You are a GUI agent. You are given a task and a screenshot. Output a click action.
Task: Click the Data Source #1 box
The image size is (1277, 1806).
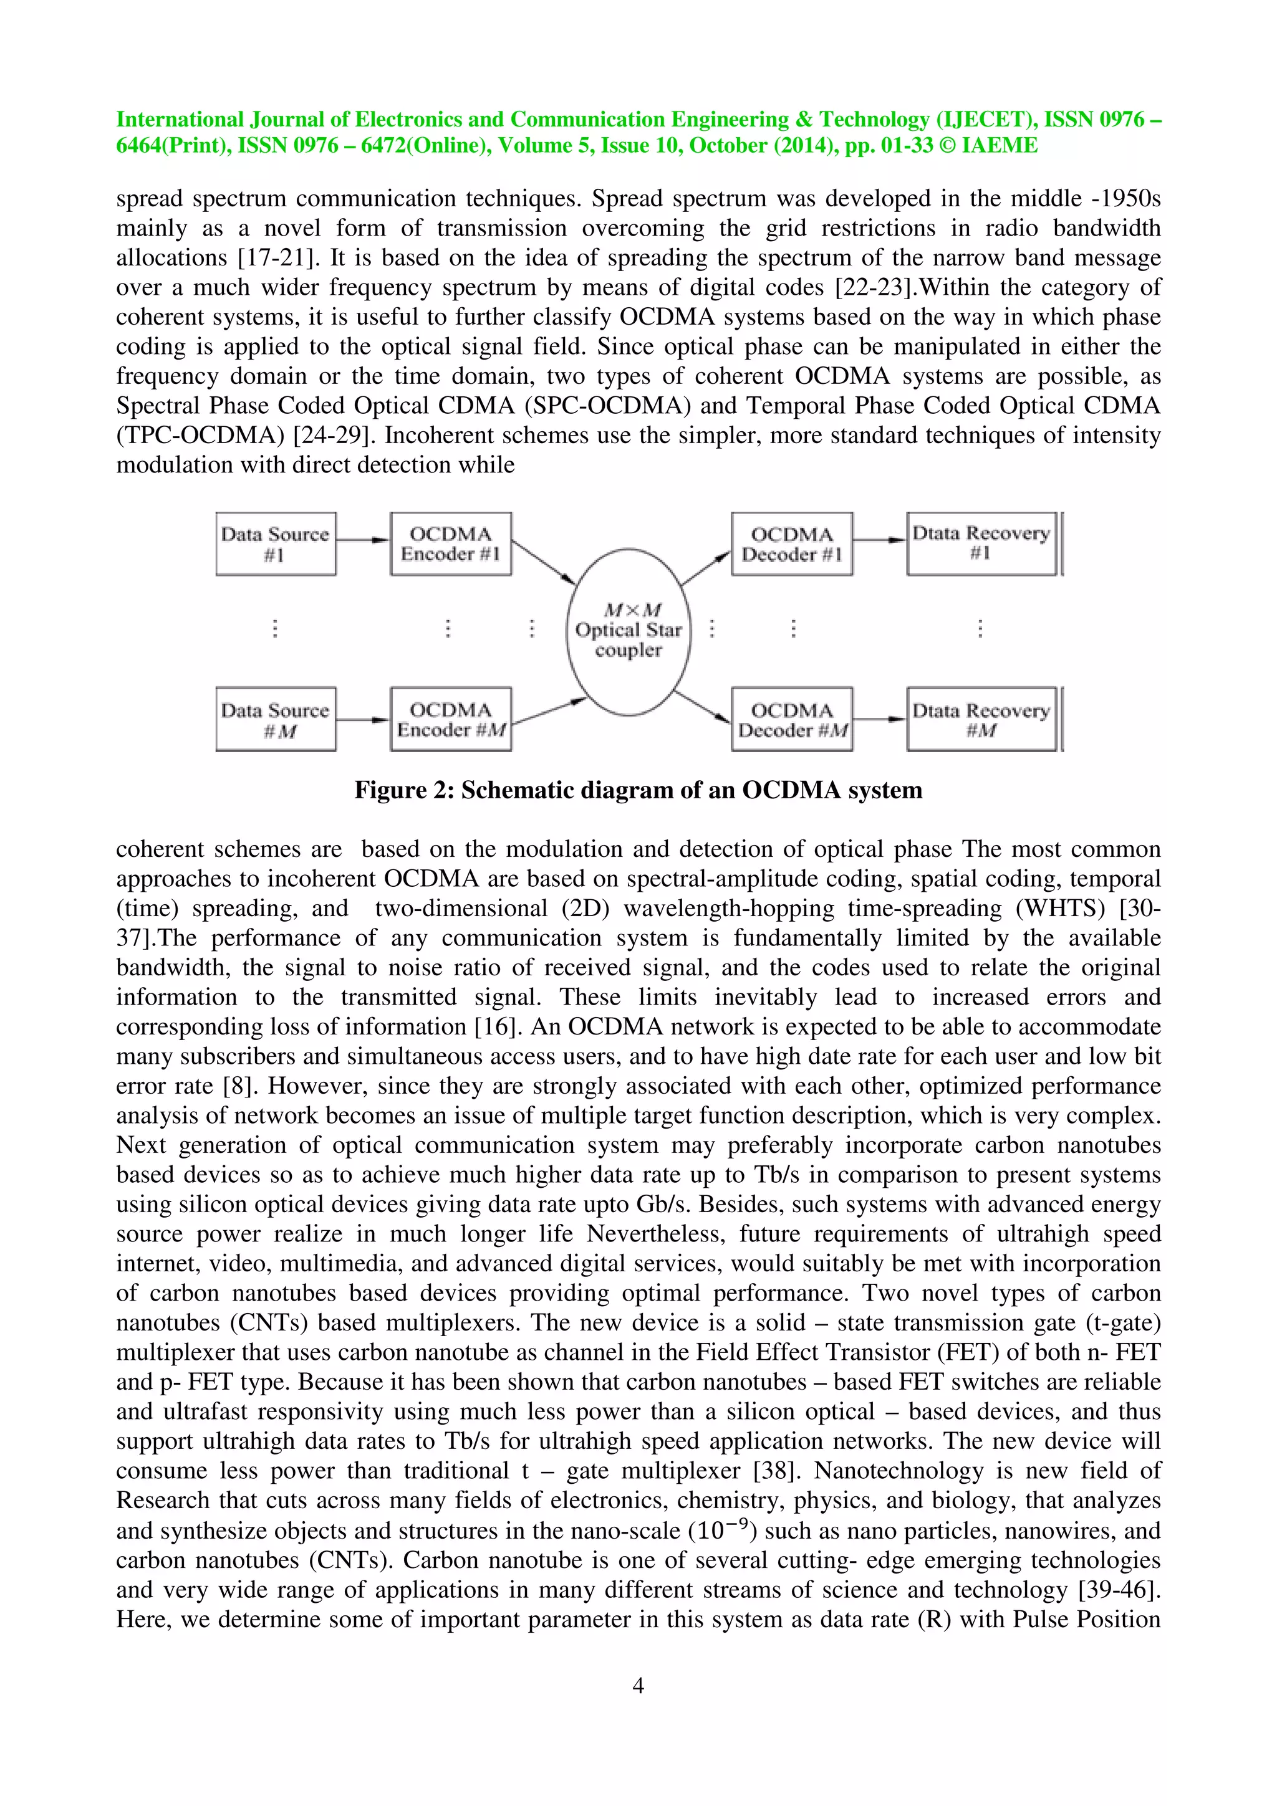[276, 544]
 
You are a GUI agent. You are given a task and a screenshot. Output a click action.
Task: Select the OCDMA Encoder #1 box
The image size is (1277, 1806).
[450, 544]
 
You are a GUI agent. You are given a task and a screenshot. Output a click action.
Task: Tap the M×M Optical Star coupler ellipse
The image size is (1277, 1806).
[628, 631]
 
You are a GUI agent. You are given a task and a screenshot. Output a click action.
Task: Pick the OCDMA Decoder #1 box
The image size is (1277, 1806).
[791, 544]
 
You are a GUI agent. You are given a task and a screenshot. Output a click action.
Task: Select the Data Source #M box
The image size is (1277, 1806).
[276, 720]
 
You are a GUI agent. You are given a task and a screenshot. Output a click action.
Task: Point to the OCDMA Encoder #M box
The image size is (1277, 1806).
[450, 720]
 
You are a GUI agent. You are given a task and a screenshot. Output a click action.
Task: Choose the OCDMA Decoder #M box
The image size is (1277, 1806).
[791, 720]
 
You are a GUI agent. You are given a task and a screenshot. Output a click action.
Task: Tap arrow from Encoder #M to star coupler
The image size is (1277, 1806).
[549, 711]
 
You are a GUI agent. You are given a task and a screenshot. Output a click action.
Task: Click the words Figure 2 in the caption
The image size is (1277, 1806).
[400, 790]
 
